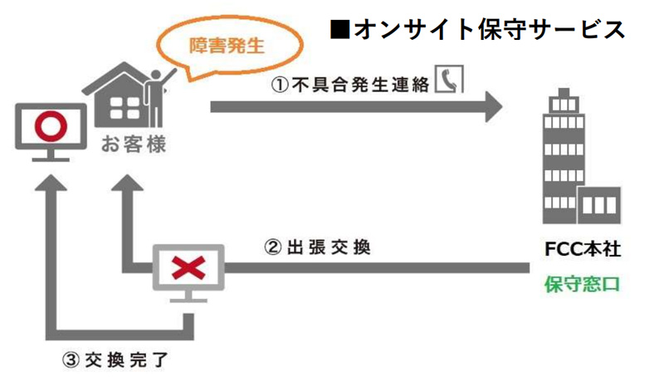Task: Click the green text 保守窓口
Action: [582, 285]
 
